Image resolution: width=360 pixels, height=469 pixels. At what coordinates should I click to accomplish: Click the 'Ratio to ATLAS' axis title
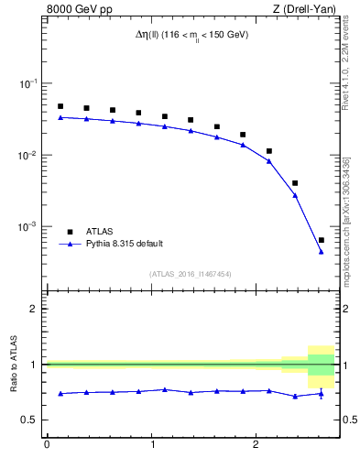pos(13,364)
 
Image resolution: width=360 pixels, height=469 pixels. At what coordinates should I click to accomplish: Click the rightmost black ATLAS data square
pos(321,240)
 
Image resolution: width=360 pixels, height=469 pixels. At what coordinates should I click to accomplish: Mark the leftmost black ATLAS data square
pos(60,106)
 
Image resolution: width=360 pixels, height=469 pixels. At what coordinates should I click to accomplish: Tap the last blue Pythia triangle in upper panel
pos(321,252)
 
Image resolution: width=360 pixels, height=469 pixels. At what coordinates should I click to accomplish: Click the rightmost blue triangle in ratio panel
pos(321,394)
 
